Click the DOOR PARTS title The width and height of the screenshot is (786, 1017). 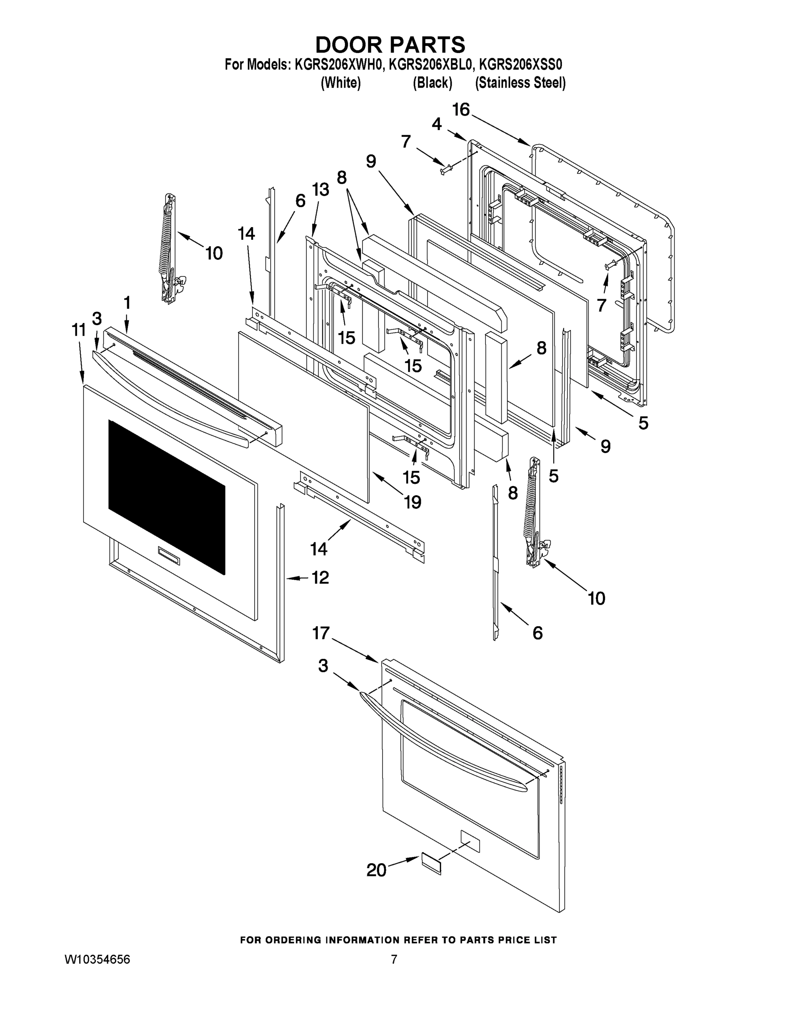point(390,44)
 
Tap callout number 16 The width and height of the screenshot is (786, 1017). point(461,110)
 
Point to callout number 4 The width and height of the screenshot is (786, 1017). point(436,124)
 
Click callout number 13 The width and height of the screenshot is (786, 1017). point(320,189)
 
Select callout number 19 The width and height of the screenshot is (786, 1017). point(412,502)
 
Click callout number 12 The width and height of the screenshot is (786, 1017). point(320,578)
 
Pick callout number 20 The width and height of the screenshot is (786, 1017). point(376,870)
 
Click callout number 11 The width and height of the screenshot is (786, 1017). point(79,330)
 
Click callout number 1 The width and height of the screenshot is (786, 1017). point(127,303)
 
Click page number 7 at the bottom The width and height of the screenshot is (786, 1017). point(394,959)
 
